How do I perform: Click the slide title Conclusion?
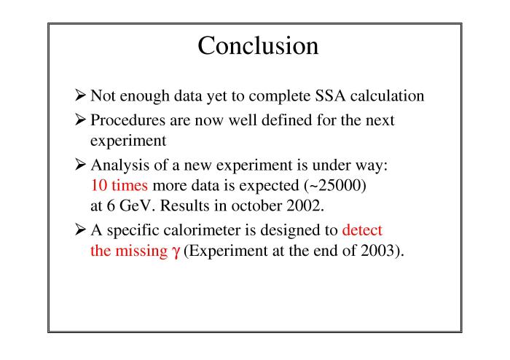(x=258, y=45)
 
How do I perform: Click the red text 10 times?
(x=119, y=185)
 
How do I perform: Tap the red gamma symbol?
(x=176, y=251)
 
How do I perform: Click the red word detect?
(x=362, y=230)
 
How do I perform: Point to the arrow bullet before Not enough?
(x=80, y=95)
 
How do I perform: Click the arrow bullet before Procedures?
(x=80, y=120)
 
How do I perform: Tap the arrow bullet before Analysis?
(x=80, y=164)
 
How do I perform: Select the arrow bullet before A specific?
(x=80, y=230)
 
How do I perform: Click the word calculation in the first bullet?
(x=388, y=95)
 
